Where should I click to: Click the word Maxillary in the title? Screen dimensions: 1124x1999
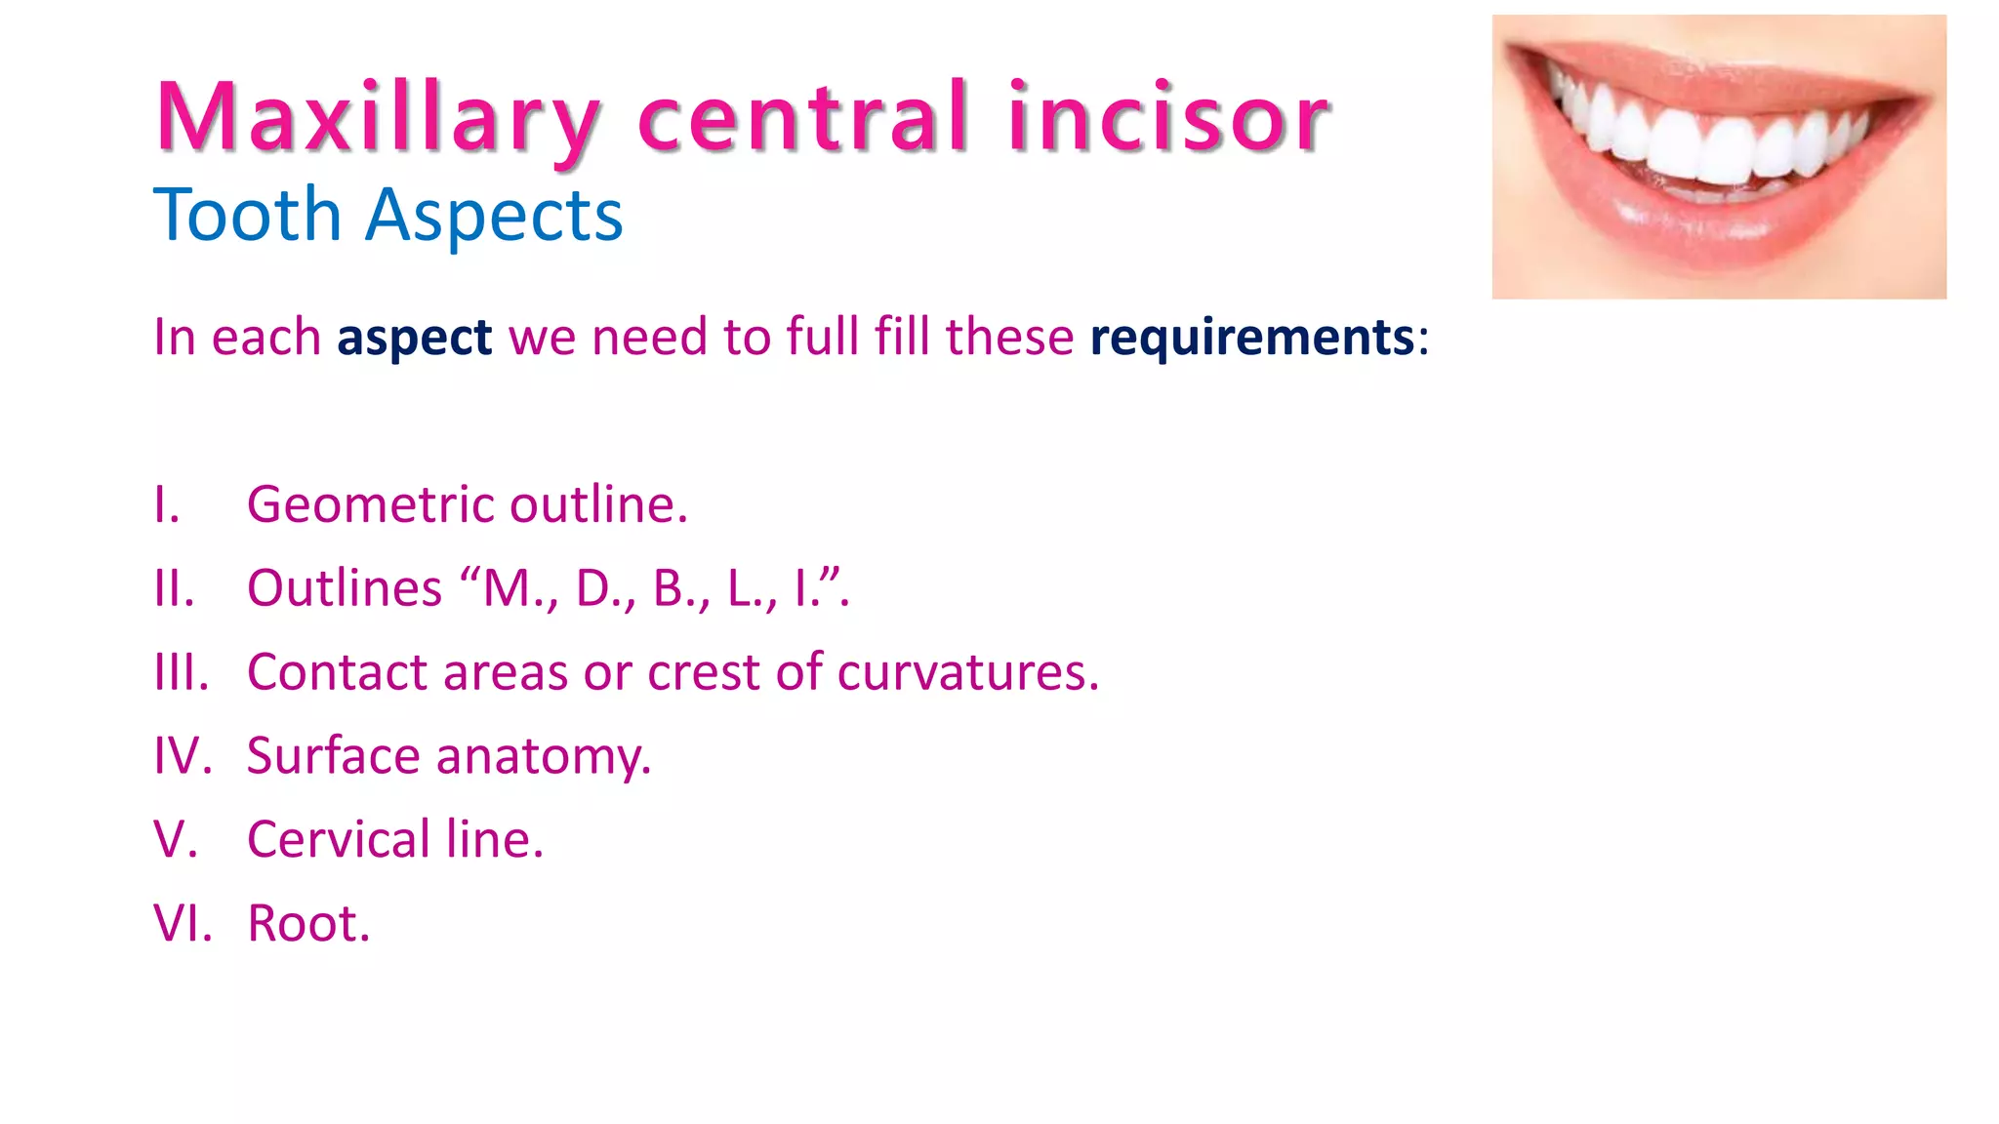point(377,119)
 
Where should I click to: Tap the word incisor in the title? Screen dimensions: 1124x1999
point(1168,119)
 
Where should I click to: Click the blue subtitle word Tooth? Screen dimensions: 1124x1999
point(247,216)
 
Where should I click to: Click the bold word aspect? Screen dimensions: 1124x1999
point(414,339)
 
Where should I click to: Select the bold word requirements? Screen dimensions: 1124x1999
point(1252,339)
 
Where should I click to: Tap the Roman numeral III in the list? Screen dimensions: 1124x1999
point(182,672)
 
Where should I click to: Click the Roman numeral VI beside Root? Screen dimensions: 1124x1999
point(183,923)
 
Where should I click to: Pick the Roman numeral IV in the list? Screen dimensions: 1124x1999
point(183,756)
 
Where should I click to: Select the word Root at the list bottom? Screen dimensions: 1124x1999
point(308,923)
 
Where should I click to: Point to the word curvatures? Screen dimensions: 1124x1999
point(967,672)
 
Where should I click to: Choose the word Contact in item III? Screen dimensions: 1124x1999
point(338,672)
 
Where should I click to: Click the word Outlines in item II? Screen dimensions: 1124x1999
point(345,588)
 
